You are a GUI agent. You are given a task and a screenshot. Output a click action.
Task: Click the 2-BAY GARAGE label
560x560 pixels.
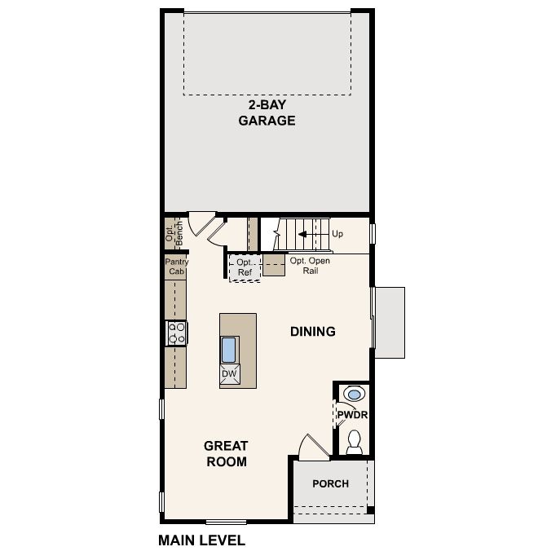tap(267, 112)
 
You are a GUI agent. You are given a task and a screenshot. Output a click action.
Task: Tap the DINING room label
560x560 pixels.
tap(313, 332)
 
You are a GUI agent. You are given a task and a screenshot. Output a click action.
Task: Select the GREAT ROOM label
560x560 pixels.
tap(227, 453)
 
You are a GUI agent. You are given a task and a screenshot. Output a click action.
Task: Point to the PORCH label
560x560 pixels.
tap(330, 483)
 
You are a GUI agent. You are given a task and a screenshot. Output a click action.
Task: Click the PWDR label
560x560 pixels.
tap(352, 415)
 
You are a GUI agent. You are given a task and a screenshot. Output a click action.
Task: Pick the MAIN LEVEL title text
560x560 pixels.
tap(202, 540)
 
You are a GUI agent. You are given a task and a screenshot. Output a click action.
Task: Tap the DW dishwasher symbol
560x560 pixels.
tap(229, 374)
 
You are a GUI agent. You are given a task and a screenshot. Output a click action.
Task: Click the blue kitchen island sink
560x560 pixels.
tap(228, 350)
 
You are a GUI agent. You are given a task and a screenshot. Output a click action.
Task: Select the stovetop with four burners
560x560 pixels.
tap(176, 333)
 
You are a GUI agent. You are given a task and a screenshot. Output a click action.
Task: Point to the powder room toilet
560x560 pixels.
tap(355, 442)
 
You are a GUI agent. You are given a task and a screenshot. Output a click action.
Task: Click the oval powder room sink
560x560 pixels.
tap(355, 395)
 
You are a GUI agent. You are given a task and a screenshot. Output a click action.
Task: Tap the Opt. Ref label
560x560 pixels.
tap(245, 267)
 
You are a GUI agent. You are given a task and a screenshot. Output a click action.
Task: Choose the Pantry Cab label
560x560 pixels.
tap(177, 267)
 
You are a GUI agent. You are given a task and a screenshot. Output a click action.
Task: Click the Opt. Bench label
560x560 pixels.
tap(174, 233)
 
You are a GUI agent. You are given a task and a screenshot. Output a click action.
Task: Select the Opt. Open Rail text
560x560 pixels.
tap(310, 266)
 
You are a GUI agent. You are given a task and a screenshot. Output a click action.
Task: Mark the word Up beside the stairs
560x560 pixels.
tap(337, 234)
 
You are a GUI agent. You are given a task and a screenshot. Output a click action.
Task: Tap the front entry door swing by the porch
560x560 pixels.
tap(314, 447)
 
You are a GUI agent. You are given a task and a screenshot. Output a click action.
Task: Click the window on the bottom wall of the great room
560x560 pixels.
tap(226, 523)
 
